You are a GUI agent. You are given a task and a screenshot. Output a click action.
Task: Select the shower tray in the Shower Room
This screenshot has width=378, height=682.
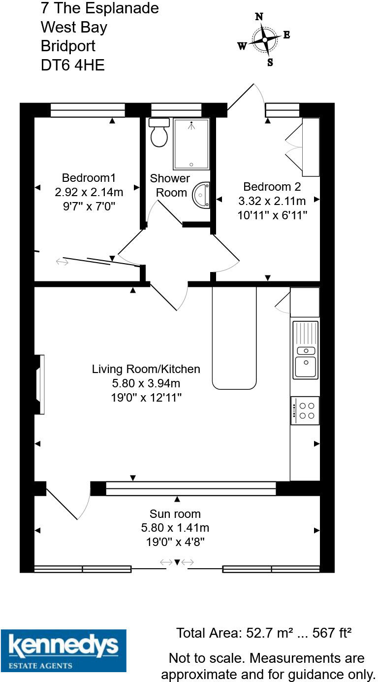point(191,143)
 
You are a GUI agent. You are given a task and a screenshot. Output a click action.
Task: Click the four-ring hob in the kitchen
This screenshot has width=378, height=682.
point(305,410)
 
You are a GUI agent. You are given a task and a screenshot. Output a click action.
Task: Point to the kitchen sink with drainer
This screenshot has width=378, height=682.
point(306,350)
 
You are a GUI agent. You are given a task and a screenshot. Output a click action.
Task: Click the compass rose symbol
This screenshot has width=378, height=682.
point(265,39)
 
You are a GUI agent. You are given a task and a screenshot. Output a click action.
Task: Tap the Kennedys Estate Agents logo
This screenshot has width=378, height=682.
point(63,650)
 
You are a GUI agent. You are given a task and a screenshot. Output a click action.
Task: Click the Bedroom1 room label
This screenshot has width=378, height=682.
point(89,178)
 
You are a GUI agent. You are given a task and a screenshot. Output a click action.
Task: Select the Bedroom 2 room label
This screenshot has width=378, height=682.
point(272,187)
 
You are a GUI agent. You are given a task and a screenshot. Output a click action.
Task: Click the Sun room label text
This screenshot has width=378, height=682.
point(175,514)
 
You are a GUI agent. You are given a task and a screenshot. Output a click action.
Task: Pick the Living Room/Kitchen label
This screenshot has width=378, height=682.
point(146,369)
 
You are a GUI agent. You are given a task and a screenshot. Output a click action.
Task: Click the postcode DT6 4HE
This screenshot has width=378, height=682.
point(73,65)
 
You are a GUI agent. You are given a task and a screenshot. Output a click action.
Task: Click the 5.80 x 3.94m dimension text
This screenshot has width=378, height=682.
point(146,383)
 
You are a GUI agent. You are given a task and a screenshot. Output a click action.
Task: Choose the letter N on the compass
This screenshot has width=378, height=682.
point(259,17)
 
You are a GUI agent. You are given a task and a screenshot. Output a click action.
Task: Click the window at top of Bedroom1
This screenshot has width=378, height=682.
point(88,110)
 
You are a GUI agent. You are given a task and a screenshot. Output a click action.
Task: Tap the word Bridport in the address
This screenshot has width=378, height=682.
point(68,46)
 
